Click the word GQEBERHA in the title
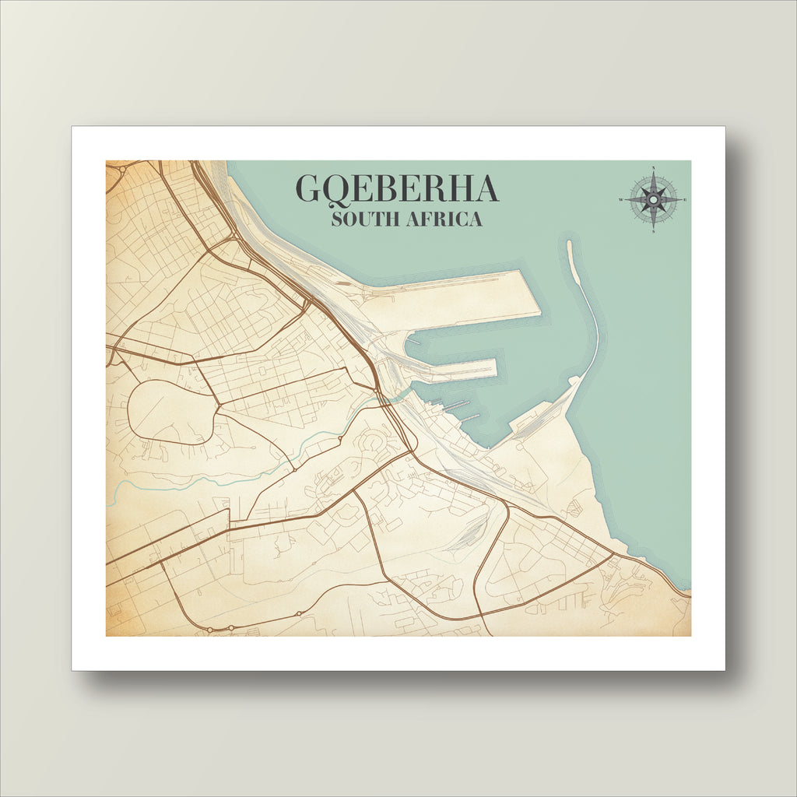tap(396, 189)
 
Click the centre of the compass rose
tap(653, 200)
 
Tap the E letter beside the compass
tap(684, 200)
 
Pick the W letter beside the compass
tap(622, 200)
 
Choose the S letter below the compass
tap(653, 230)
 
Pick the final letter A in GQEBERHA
tap(484, 189)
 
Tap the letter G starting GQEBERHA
tap(310, 189)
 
